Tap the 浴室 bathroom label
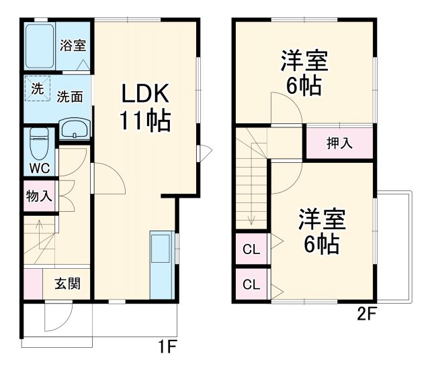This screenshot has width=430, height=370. [x=73, y=46]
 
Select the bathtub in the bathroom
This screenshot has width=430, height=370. [x=40, y=46]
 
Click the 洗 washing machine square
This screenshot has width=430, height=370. [x=38, y=88]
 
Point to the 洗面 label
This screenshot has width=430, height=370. [x=70, y=97]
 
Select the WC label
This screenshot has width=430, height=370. [x=38, y=168]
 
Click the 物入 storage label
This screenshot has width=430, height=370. [x=38, y=196]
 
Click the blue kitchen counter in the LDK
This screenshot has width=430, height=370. [x=161, y=265]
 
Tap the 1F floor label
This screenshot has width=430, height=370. [x=167, y=347]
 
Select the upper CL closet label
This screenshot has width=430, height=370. [x=251, y=250]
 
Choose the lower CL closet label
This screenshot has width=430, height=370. [x=251, y=284]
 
